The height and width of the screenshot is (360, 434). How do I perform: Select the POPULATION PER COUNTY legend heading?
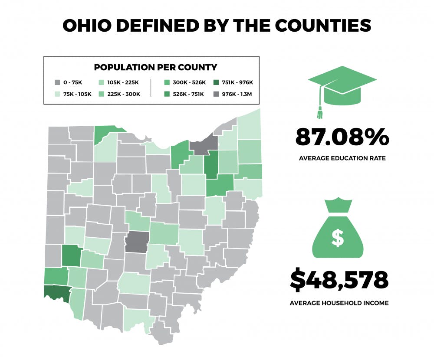(155, 67)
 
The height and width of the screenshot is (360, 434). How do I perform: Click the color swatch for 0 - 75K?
(57, 82)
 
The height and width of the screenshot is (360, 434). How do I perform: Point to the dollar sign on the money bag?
(337, 237)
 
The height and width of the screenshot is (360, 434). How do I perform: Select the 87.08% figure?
(342, 137)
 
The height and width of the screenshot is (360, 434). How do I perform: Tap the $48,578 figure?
(339, 280)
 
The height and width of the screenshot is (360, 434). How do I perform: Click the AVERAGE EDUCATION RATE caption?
(342, 158)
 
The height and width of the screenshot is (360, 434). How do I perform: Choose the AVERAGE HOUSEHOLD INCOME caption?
(339, 303)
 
